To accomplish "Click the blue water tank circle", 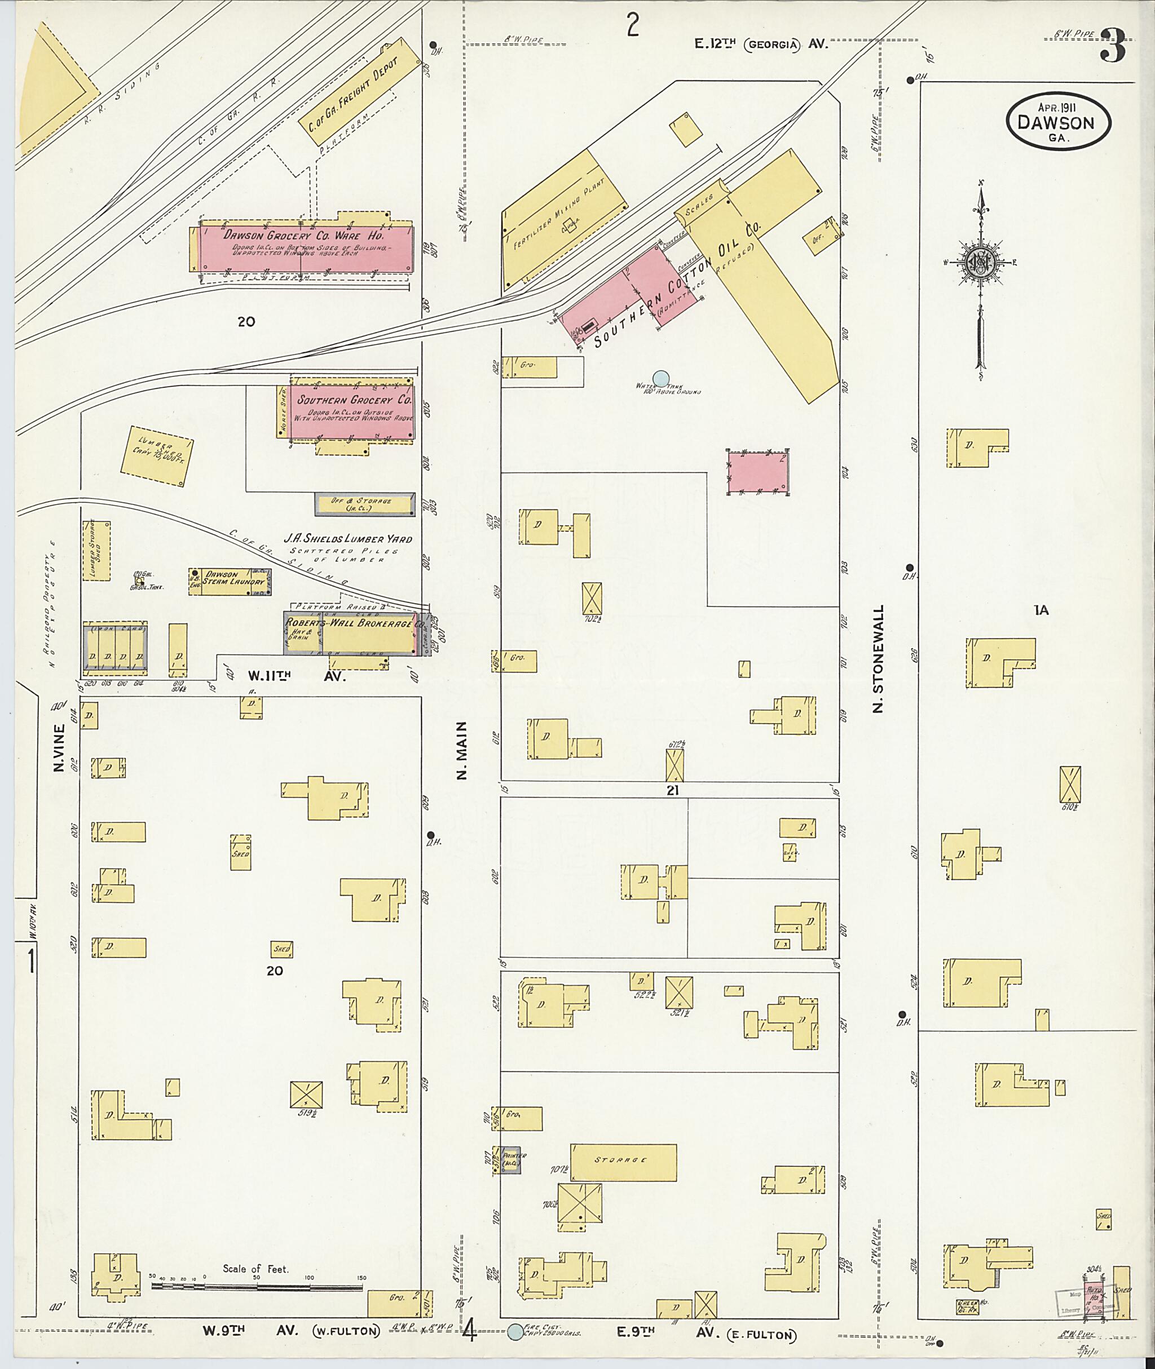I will click(x=662, y=378).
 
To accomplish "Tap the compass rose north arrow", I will click(x=980, y=262).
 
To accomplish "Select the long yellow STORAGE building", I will click(x=623, y=1162).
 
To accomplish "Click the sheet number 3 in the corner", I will click(x=1113, y=46).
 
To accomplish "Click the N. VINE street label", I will click(x=60, y=747).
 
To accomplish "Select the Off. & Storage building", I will click(x=365, y=504).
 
